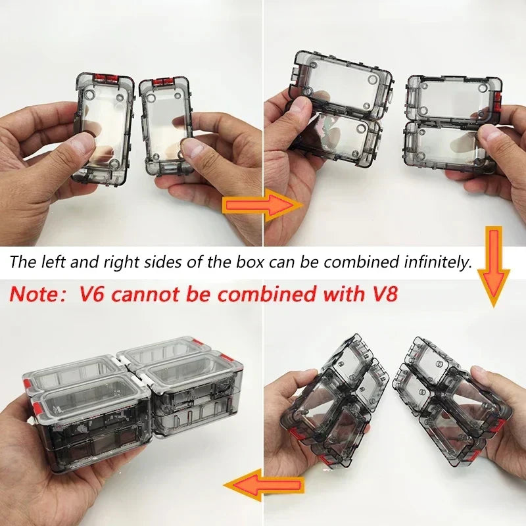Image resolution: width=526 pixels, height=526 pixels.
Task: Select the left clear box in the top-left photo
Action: pos(104,128)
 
